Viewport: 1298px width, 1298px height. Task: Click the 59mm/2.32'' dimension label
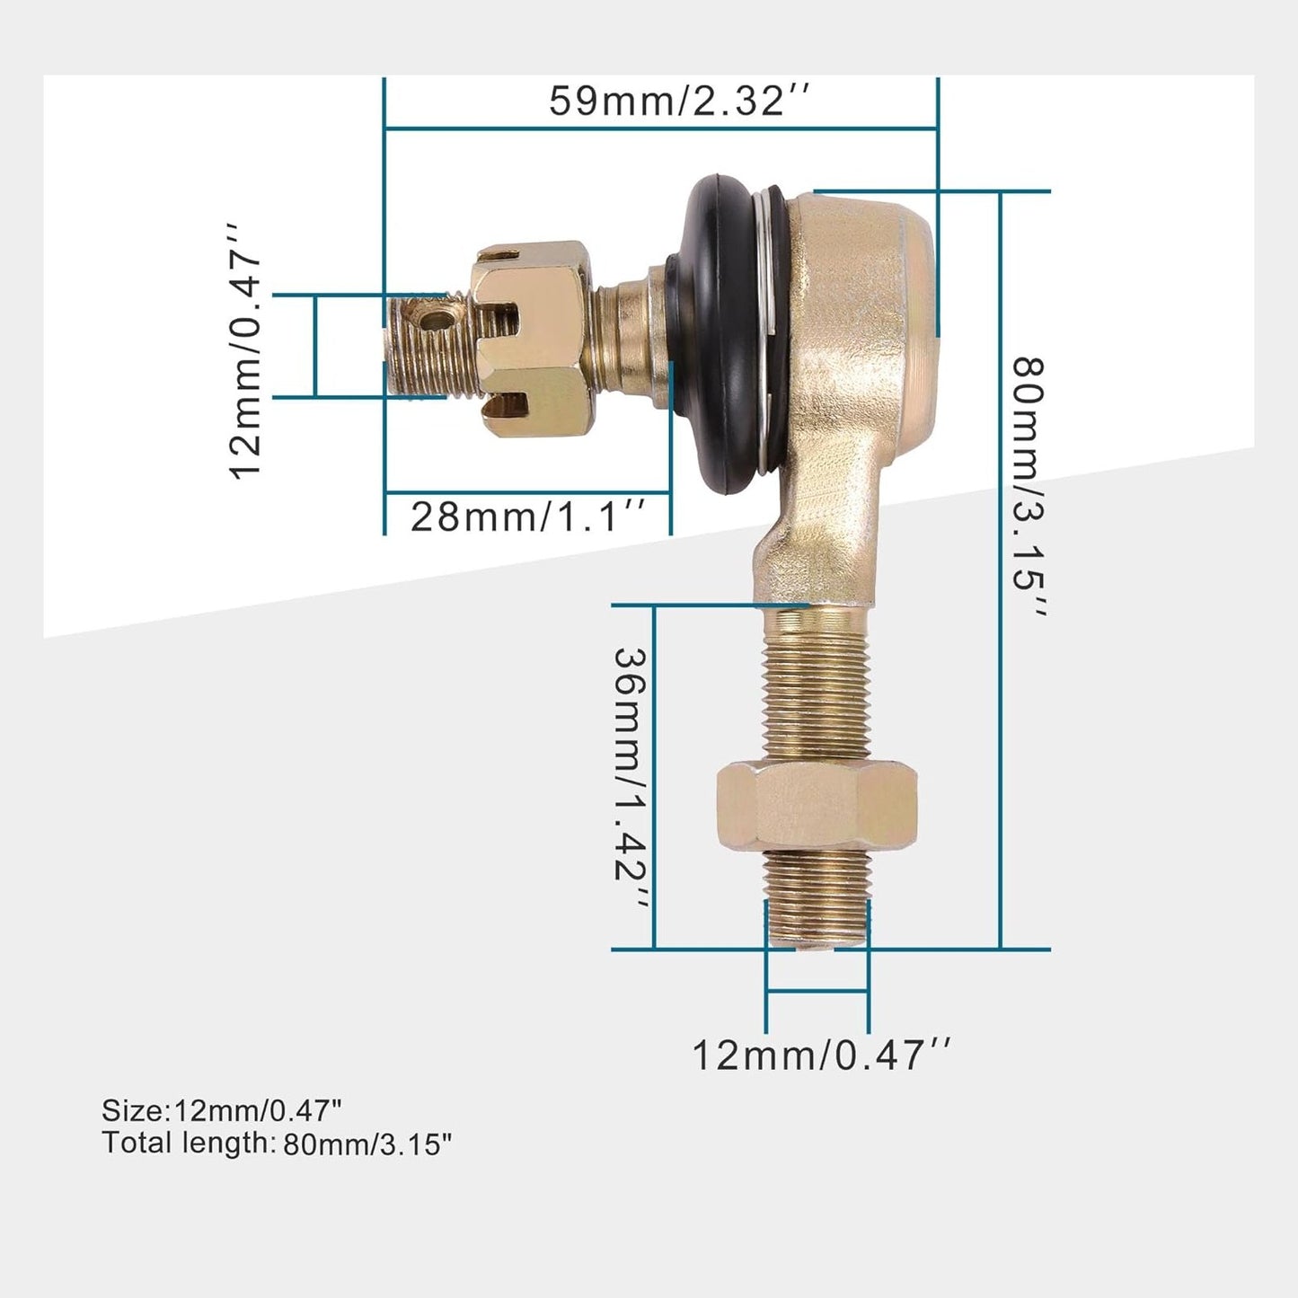pos(680,101)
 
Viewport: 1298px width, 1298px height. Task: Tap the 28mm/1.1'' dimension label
pos(528,517)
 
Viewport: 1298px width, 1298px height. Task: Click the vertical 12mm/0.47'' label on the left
pos(245,351)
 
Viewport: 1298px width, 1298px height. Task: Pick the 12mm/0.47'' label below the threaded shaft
pos(820,1055)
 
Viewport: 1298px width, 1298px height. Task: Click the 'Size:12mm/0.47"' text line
pos(221,1110)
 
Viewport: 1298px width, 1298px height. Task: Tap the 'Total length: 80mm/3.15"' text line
pos(277,1143)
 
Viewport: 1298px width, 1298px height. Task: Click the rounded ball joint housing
pos(858,296)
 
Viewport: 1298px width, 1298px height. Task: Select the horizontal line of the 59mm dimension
pos(660,128)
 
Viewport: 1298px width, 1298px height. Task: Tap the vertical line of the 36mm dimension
pos(654,777)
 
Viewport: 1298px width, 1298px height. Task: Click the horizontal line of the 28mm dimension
pos(528,492)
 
